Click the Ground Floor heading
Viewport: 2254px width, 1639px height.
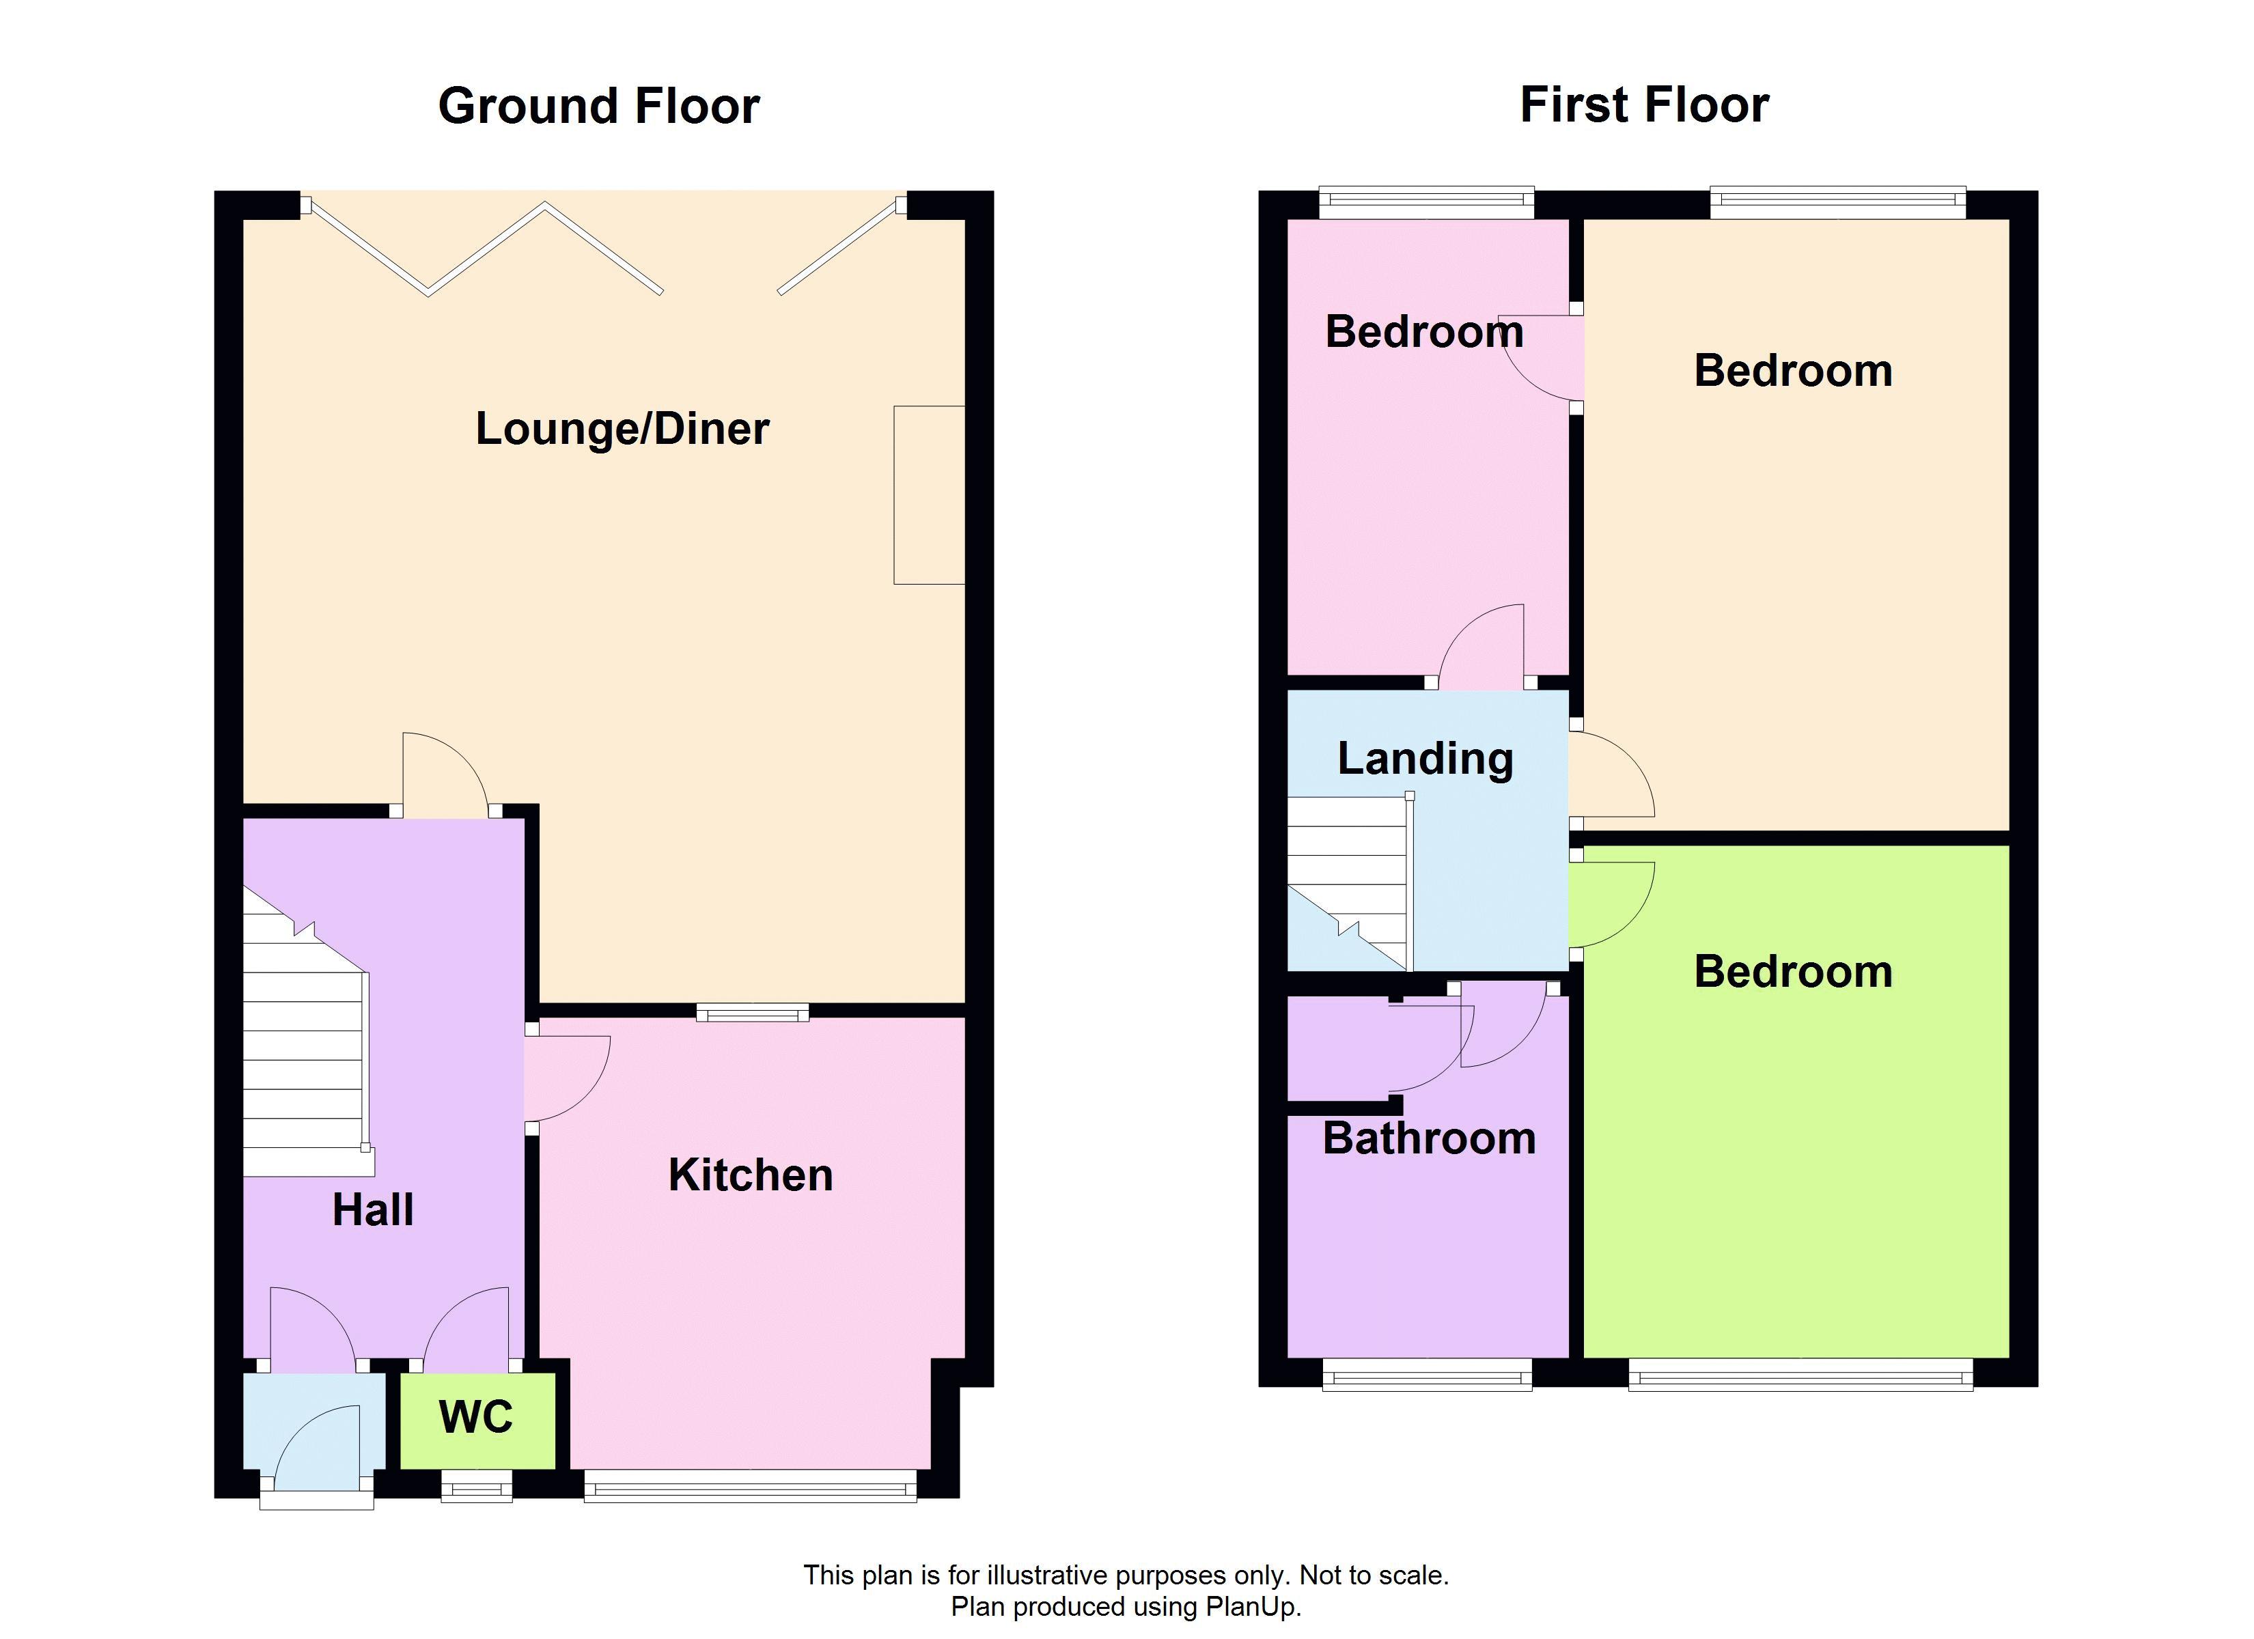pos(598,105)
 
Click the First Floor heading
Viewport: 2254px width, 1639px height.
pos(1645,104)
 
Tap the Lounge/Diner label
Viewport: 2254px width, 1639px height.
pos(622,428)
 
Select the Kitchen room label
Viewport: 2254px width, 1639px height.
pos(751,1175)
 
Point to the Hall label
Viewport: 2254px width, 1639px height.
pos(373,1209)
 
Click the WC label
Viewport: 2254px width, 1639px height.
pos(476,1417)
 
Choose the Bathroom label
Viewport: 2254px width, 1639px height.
pos(1429,1138)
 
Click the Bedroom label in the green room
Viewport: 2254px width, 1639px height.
pos(1793,971)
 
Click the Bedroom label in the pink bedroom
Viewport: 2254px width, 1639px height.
pos(1424,331)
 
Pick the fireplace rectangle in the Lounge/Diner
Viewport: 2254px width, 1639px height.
pos(929,495)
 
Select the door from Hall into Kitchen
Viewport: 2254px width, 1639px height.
pos(566,1078)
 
